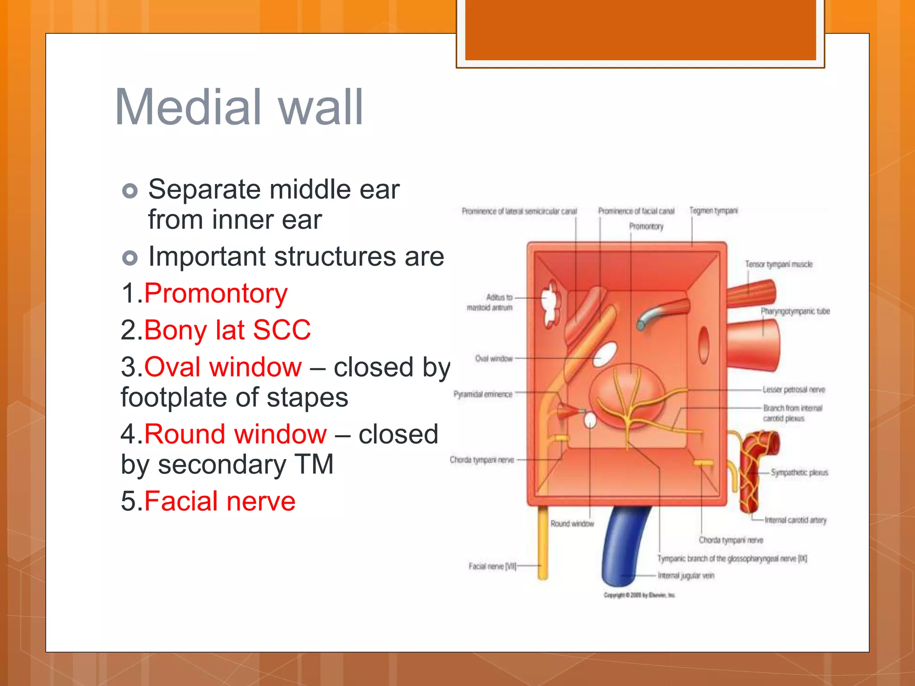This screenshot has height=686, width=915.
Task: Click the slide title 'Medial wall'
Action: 239,107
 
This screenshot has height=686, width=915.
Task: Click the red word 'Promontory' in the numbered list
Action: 216,294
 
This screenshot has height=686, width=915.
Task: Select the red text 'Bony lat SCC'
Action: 227,330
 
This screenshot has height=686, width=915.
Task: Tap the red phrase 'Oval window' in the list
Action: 223,368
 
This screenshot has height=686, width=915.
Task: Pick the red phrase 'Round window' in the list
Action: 235,435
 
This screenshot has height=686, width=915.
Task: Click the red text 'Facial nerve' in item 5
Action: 220,502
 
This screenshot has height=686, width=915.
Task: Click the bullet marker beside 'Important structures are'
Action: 130,258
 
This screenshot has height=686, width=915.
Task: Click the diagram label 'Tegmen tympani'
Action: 714,211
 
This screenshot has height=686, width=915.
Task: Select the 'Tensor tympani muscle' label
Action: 778,264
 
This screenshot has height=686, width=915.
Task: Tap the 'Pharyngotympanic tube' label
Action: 795,311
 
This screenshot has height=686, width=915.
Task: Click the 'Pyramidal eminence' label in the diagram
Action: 483,394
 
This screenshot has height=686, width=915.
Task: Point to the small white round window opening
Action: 590,420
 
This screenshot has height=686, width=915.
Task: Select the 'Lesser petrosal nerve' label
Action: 793,390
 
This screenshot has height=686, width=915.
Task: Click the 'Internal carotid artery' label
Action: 795,520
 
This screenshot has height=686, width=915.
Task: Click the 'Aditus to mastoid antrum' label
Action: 491,302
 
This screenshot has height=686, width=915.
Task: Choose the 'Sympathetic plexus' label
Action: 799,473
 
